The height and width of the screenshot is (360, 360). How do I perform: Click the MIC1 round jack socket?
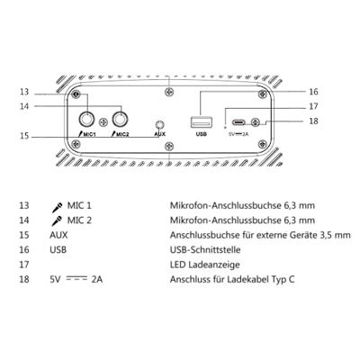[87, 121]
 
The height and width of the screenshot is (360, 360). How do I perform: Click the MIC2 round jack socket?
[121, 121]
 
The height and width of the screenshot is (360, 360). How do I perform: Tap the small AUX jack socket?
[160, 124]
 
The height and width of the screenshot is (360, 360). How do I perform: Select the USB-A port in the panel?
[202, 122]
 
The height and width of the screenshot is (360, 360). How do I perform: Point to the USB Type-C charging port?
[238, 122]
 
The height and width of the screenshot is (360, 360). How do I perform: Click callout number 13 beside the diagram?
[24, 92]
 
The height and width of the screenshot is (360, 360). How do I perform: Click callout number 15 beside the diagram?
[24, 136]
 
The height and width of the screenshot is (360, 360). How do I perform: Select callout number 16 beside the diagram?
[313, 92]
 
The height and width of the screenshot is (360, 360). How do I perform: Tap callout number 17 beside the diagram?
[313, 106]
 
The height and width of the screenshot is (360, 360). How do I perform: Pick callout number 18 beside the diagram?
[313, 121]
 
